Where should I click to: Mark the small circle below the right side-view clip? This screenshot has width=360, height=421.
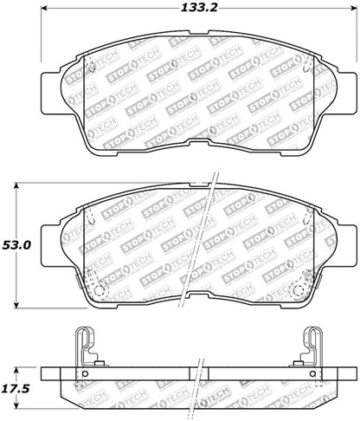coord(310,374)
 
